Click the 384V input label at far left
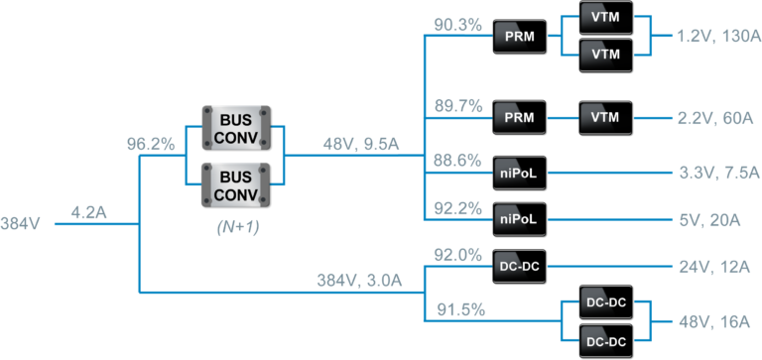click(x=21, y=223)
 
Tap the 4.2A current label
click(x=91, y=211)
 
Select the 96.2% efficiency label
click(x=151, y=145)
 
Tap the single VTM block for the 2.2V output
click(x=605, y=118)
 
